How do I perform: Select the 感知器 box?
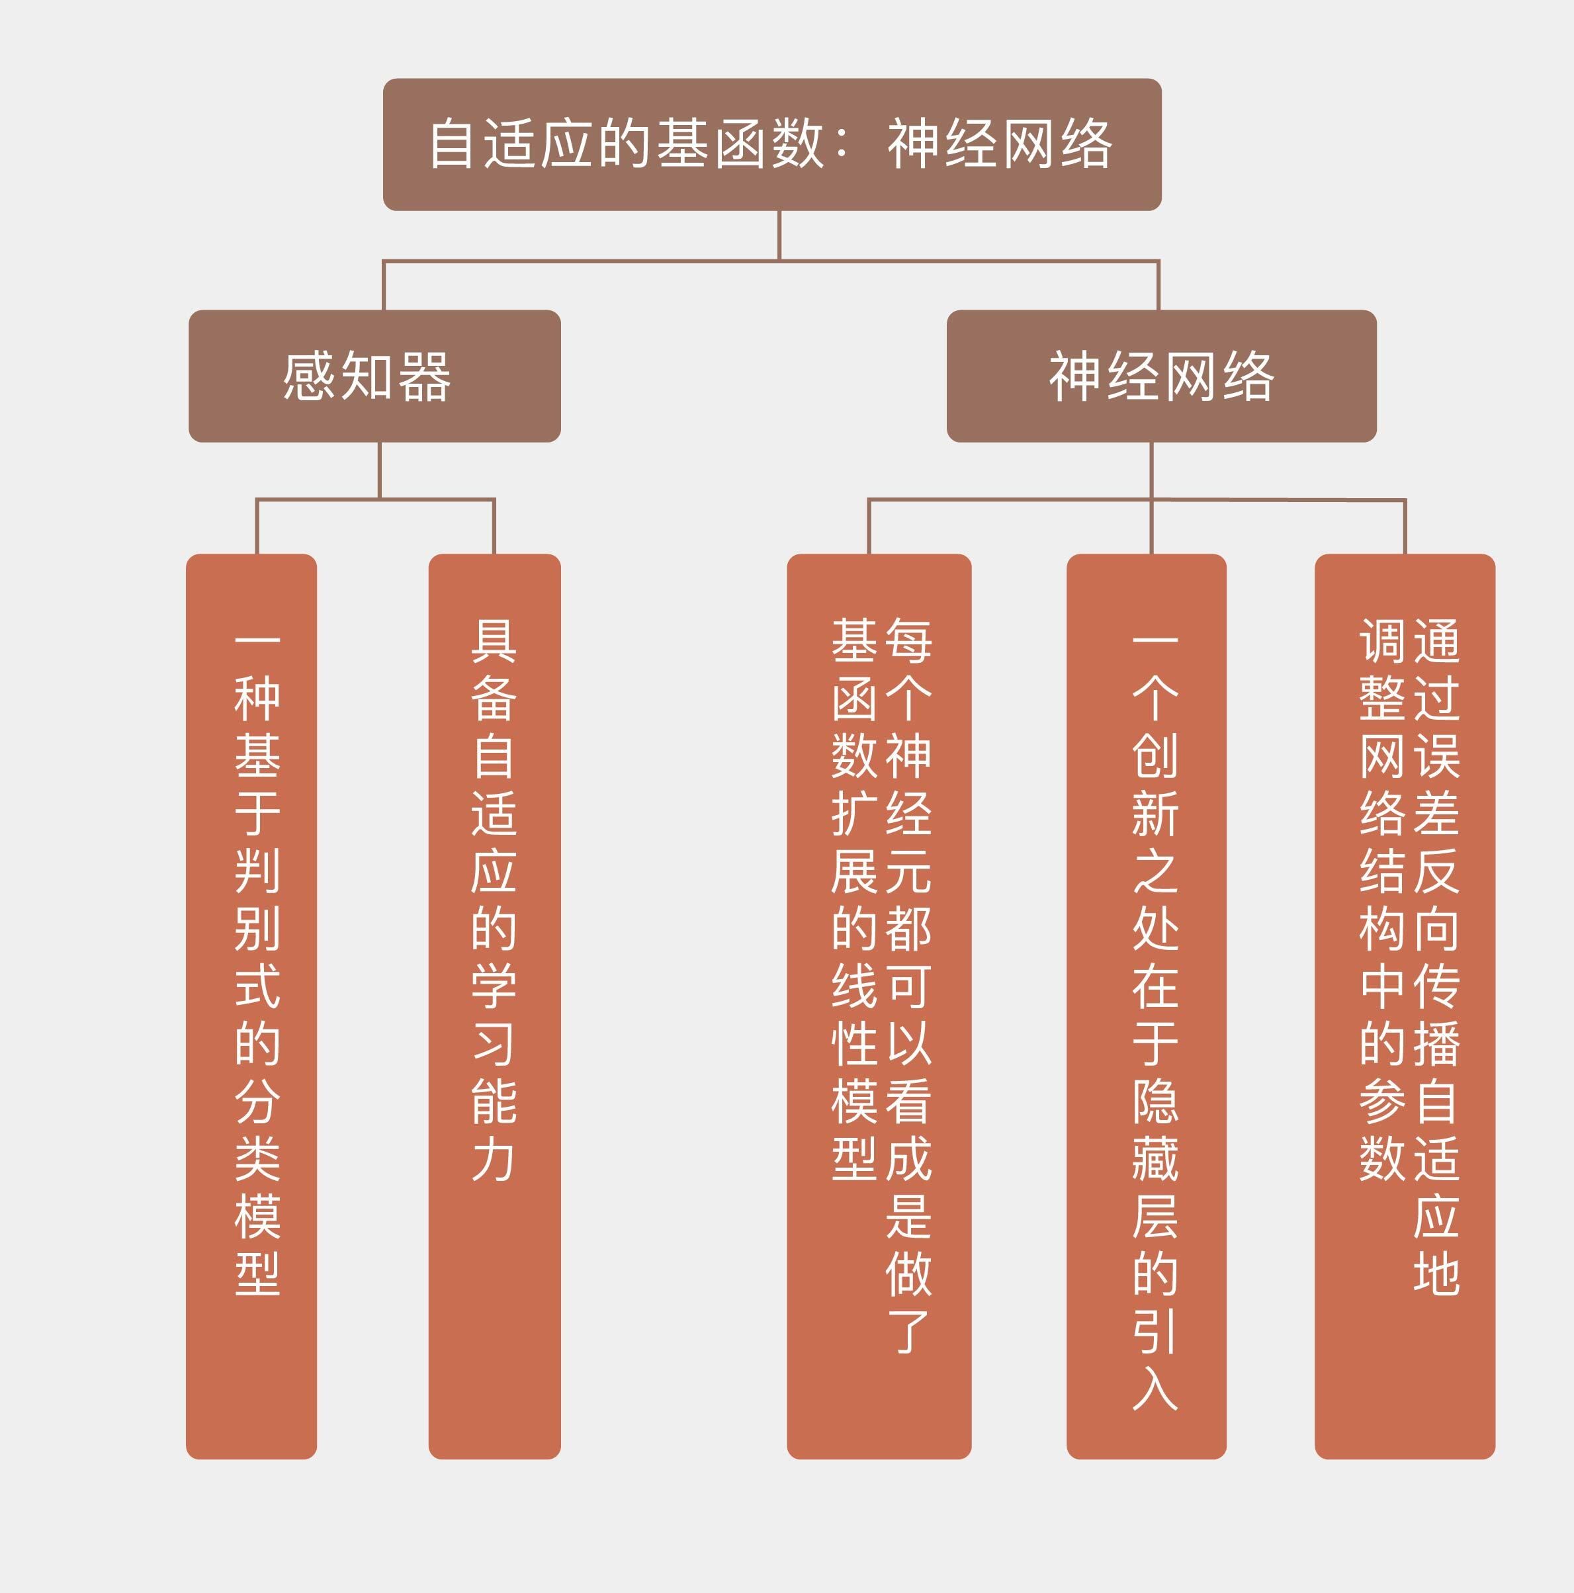click(x=374, y=376)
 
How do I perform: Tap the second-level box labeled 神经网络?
click(x=1161, y=376)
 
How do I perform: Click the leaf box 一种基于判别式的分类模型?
click(x=251, y=1006)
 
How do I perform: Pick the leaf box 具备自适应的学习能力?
click(x=495, y=1006)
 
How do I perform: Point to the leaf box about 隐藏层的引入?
click(x=1146, y=1006)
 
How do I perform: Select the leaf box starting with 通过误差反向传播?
click(x=1405, y=1006)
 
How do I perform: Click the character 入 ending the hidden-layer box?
click(x=1155, y=1388)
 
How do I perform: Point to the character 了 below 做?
click(x=908, y=1331)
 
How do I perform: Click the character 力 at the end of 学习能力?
click(x=494, y=1158)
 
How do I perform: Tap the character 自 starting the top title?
click(x=451, y=144)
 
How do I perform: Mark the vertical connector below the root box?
click(x=779, y=236)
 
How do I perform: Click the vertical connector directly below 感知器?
click(x=379, y=470)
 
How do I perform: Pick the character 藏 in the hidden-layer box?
click(x=1155, y=1158)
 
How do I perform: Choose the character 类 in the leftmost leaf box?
click(x=257, y=1158)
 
